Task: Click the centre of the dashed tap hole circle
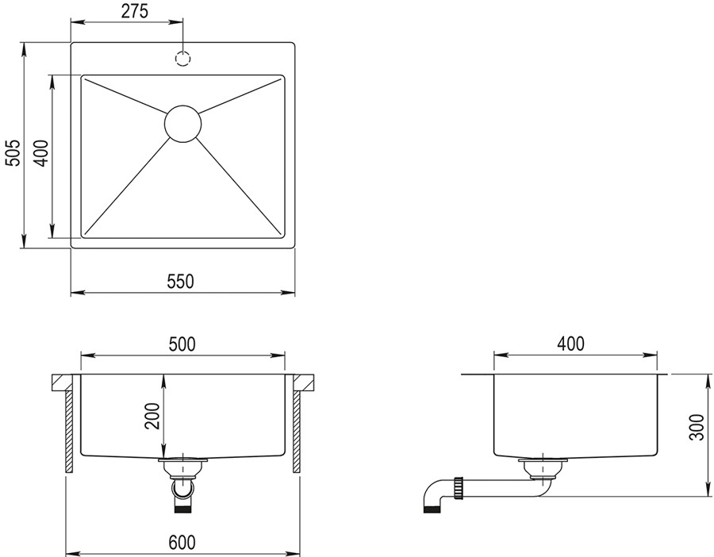[x=182, y=60]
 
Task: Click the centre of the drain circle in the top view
[x=182, y=124]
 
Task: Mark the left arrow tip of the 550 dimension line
[x=71, y=291]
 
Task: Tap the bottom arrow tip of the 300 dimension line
[x=708, y=496]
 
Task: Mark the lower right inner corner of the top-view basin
[x=285, y=238]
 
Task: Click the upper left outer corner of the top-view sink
[x=71, y=44]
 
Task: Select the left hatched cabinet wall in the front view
[x=69, y=432]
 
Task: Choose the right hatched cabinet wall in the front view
[x=297, y=432]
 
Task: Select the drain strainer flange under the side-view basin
[x=543, y=461]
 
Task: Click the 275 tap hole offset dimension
[x=135, y=12]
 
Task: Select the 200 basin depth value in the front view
[x=153, y=417]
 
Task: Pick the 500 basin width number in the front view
[x=182, y=344]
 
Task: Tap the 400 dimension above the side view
[x=570, y=344]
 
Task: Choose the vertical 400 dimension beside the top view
[x=41, y=153]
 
